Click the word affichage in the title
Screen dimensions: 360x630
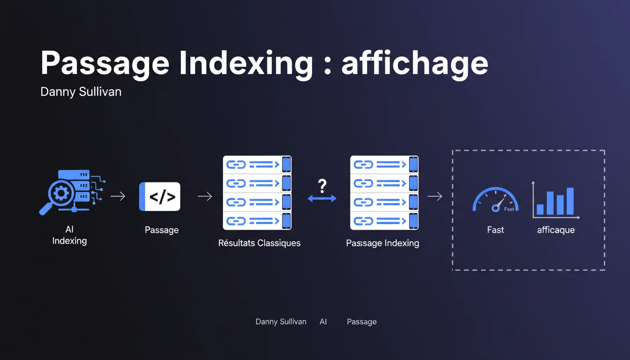[x=414, y=63]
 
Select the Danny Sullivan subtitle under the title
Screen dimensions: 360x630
[x=81, y=91]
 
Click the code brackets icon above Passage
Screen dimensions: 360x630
[x=160, y=197]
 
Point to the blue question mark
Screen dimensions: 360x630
[x=322, y=186]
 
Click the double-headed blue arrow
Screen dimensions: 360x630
[x=322, y=199]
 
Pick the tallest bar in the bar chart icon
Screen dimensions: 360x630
[x=570, y=201]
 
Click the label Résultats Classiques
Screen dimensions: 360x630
[x=259, y=243]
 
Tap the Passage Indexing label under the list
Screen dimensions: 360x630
[x=382, y=243]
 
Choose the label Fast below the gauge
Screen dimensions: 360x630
[x=495, y=230]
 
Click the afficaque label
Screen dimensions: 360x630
[x=556, y=230]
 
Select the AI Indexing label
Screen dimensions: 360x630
[x=69, y=235]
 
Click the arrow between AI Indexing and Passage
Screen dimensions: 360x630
[x=118, y=196]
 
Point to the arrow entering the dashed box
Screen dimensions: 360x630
[x=435, y=196]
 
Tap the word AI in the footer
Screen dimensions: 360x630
[x=323, y=322]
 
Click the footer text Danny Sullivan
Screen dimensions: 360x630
[x=281, y=322]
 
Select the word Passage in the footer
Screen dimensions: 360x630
[x=361, y=322]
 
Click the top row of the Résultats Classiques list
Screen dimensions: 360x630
[x=257, y=165]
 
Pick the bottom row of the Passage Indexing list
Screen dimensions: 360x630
[x=384, y=220]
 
